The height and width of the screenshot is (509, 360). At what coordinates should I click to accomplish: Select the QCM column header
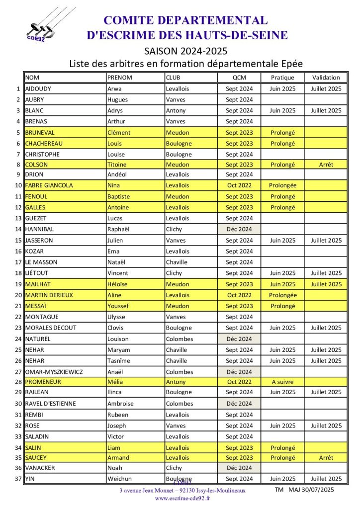(x=239, y=78)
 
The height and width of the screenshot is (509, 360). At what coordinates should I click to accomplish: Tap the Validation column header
(x=326, y=78)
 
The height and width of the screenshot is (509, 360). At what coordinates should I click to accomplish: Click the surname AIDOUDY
(x=38, y=89)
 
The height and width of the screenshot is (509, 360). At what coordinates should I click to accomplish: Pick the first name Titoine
(x=117, y=165)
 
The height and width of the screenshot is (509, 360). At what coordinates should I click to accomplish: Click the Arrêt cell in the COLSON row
(x=326, y=165)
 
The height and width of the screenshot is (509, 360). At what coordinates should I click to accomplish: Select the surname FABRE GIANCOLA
(x=49, y=185)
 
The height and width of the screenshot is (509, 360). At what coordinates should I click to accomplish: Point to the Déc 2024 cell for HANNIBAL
(x=239, y=229)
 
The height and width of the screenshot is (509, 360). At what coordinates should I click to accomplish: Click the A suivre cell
(x=282, y=382)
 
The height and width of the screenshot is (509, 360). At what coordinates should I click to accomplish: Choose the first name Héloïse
(x=119, y=284)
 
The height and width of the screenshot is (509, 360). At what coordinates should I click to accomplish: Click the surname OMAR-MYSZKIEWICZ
(x=53, y=372)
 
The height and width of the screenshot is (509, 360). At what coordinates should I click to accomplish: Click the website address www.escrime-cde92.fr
(x=182, y=498)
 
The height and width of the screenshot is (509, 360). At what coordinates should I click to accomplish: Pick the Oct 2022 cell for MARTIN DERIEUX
(x=239, y=295)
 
